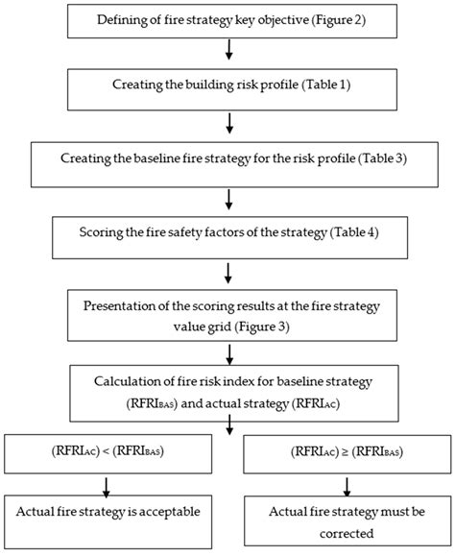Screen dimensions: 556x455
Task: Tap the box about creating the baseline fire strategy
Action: point(227,157)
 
